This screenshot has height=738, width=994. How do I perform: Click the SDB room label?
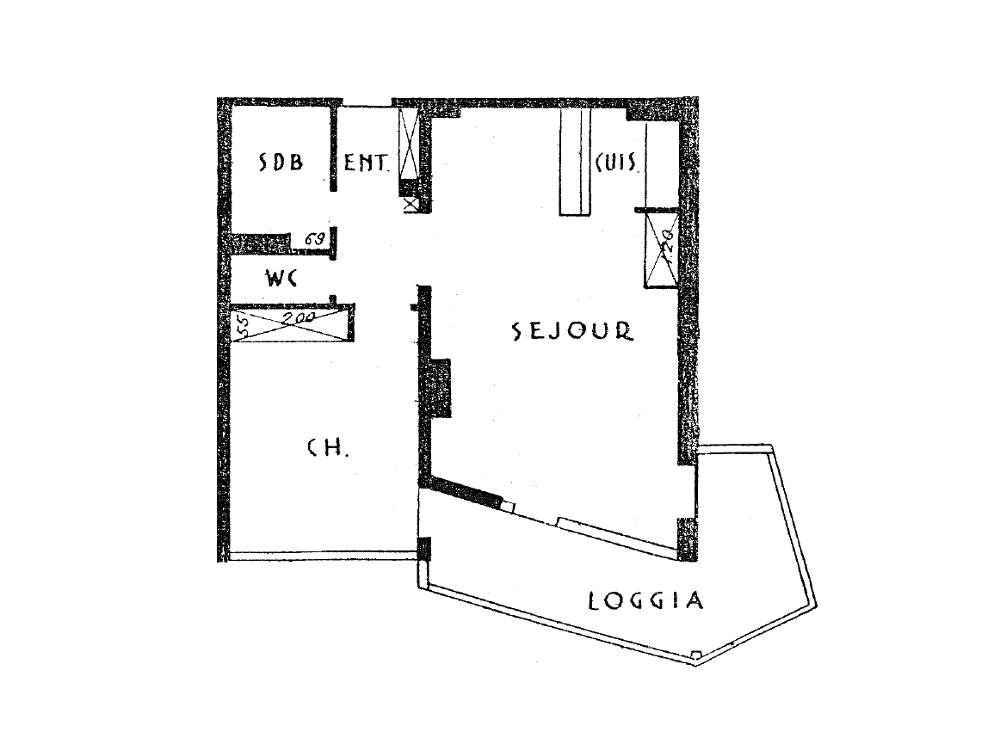pyautogui.click(x=282, y=163)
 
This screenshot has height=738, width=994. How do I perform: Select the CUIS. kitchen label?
pyautogui.click(x=614, y=163)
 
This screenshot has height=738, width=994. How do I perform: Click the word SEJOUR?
pyautogui.click(x=572, y=332)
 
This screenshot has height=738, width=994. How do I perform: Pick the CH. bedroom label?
pyautogui.click(x=327, y=447)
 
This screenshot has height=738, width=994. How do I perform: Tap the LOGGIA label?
pyautogui.click(x=645, y=600)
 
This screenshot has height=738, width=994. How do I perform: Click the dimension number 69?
pyautogui.click(x=313, y=240)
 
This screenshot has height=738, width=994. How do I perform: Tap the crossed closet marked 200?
pyautogui.click(x=293, y=323)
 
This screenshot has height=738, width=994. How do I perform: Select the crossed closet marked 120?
pyautogui.click(x=660, y=249)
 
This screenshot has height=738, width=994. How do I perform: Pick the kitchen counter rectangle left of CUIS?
pyautogui.click(x=575, y=163)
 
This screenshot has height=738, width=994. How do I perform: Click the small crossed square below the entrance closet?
pyautogui.click(x=409, y=205)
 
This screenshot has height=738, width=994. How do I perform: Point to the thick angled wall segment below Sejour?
pyautogui.click(x=466, y=491)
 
